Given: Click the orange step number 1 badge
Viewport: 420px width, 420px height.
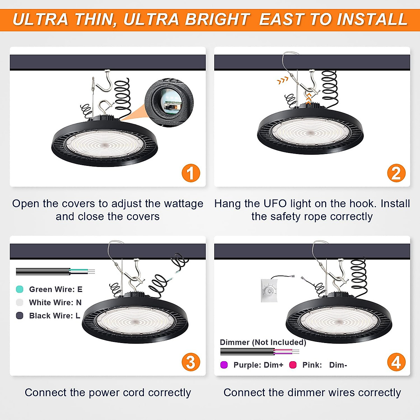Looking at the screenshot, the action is (x=191, y=173).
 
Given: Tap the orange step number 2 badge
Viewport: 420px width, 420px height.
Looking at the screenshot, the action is (x=396, y=173).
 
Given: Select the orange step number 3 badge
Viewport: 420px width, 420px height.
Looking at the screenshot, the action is (x=191, y=362).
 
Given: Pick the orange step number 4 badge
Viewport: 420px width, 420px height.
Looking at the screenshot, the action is (x=396, y=362).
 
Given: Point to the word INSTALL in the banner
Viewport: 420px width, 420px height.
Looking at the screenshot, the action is (x=372, y=19).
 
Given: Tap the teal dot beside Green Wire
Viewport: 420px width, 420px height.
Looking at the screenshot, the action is (x=20, y=289).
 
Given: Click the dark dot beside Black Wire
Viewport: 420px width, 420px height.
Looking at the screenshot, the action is (x=20, y=316).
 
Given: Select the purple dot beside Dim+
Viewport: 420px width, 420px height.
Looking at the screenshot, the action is (x=224, y=365).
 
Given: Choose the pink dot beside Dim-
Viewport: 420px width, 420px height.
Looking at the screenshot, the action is (x=293, y=365).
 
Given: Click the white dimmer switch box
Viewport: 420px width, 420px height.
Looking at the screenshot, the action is (x=269, y=291).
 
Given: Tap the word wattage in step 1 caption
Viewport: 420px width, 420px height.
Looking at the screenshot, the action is (x=183, y=204).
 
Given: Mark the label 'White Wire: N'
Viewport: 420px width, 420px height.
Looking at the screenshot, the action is (x=55, y=302).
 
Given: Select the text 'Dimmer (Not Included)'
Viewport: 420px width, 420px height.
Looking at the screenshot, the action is (x=263, y=342).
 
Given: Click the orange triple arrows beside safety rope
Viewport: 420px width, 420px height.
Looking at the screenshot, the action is (x=282, y=80).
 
